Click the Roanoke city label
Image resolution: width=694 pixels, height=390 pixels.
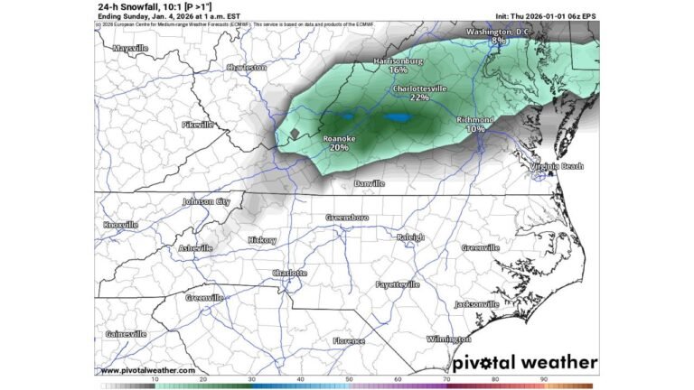point(340,138)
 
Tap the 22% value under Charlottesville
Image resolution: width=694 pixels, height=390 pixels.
point(419,97)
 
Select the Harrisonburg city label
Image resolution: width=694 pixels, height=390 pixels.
point(398,60)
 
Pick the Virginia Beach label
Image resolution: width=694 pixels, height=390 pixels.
point(557,166)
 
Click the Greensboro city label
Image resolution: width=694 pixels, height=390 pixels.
point(348,218)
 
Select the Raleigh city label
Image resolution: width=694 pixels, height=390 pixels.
point(410,237)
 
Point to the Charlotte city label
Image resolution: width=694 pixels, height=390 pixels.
point(289,273)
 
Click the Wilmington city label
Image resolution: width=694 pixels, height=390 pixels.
point(449,339)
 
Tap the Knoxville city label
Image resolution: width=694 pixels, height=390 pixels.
point(120,224)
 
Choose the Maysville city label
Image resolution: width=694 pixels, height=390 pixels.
point(130,48)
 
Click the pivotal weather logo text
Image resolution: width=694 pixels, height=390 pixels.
point(524,362)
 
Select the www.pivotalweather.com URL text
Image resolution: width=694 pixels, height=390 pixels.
point(147,370)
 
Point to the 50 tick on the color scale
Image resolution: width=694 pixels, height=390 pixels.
point(349,379)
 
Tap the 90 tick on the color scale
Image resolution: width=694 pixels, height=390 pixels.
point(544,379)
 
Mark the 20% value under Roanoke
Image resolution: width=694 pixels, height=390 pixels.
point(340,147)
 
